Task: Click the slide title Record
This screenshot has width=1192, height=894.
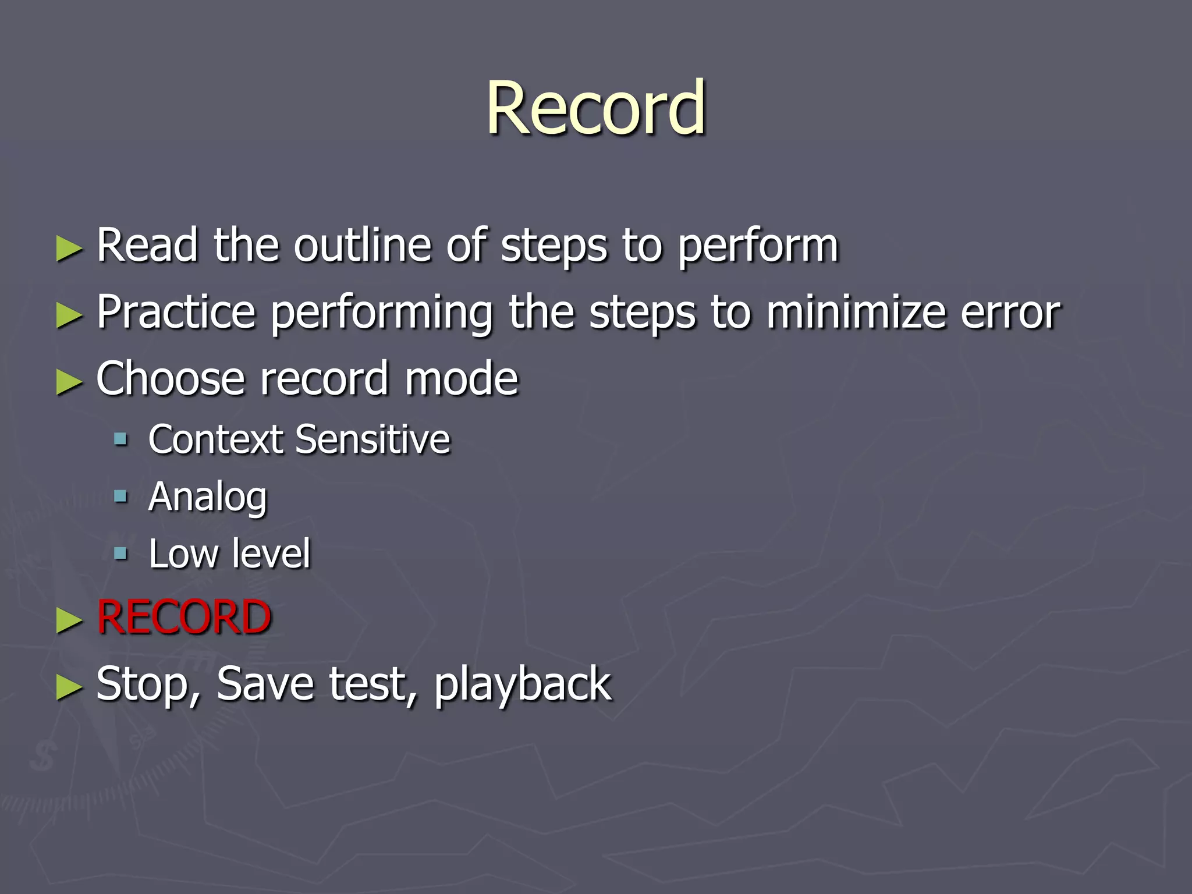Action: [x=596, y=108]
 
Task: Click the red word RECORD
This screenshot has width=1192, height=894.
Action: [x=184, y=618]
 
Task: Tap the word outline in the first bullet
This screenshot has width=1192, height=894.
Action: [x=361, y=246]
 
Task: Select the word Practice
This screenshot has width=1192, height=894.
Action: [x=176, y=313]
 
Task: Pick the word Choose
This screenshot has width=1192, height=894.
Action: [x=170, y=379]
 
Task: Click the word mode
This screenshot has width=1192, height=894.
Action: [x=461, y=379]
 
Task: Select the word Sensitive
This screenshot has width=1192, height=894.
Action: [x=372, y=439]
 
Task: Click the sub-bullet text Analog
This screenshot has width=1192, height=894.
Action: [x=208, y=498]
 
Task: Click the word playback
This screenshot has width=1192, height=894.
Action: [x=523, y=685]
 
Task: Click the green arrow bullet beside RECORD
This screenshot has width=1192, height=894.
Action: [x=69, y=621]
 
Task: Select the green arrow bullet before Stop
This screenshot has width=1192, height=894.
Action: [x=69, y=687]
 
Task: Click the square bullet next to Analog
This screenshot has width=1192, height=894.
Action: [x=121, y=496]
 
